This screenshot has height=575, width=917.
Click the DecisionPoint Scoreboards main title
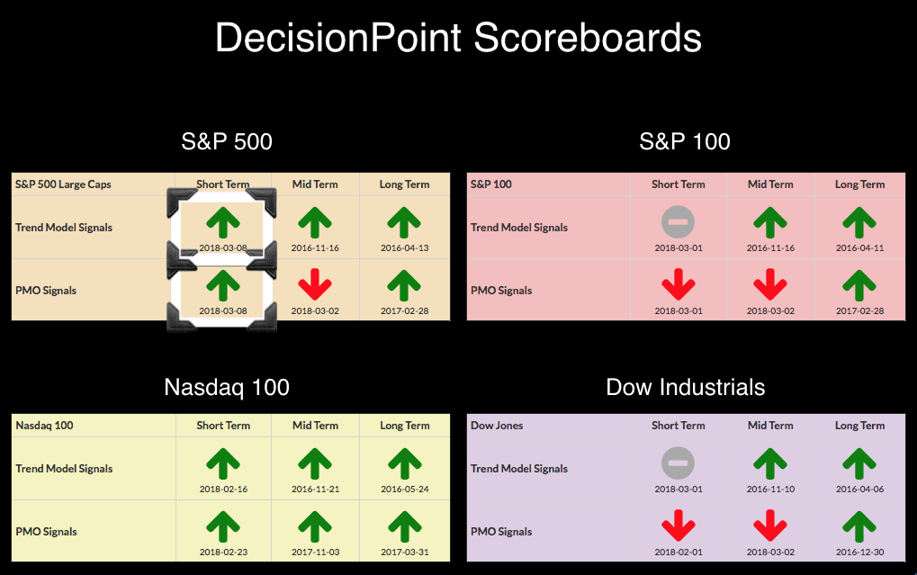(458, 38)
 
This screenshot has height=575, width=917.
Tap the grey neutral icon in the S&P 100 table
(678, 222)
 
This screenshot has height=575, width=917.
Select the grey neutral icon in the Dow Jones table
(678, 463)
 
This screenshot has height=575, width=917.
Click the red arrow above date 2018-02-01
(678, 525)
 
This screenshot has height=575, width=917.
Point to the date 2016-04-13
(405, 248)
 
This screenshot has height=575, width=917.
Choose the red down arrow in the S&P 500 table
(315, 283)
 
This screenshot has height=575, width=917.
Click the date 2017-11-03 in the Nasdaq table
(315, 553)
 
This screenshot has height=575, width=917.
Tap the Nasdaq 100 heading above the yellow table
(227, 387)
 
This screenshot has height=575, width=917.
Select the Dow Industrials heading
(686, 387)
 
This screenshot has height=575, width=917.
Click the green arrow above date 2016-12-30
(859, 526)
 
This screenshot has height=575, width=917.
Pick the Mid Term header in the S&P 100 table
(770, 184)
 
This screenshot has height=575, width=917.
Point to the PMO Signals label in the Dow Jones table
(501, 532)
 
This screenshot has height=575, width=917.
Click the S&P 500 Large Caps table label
(63, 184)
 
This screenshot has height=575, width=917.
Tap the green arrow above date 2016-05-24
(405, 463)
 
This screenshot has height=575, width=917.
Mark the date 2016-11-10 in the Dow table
(771, 489)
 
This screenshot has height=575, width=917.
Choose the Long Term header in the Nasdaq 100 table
(405, 426)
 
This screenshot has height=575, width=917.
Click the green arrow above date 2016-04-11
(859, 222)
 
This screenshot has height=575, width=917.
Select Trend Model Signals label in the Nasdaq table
(64, 469)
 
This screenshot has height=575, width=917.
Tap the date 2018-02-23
(223, 553)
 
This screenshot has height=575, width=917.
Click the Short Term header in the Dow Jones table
(679, 426)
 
